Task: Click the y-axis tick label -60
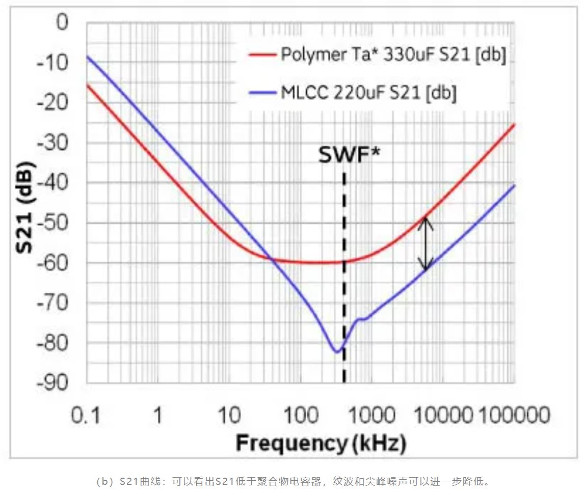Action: click(52, 263)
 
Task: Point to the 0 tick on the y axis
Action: click(62, 22)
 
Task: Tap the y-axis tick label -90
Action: click(52, 383)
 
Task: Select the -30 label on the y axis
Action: click(52, 143)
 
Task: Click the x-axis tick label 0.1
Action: click(86, 416)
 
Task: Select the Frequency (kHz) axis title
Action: click(321, 444)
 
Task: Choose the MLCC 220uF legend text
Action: click(368, 93)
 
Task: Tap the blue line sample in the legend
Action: click(262, 93)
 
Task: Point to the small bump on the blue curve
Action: click(361, 319)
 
